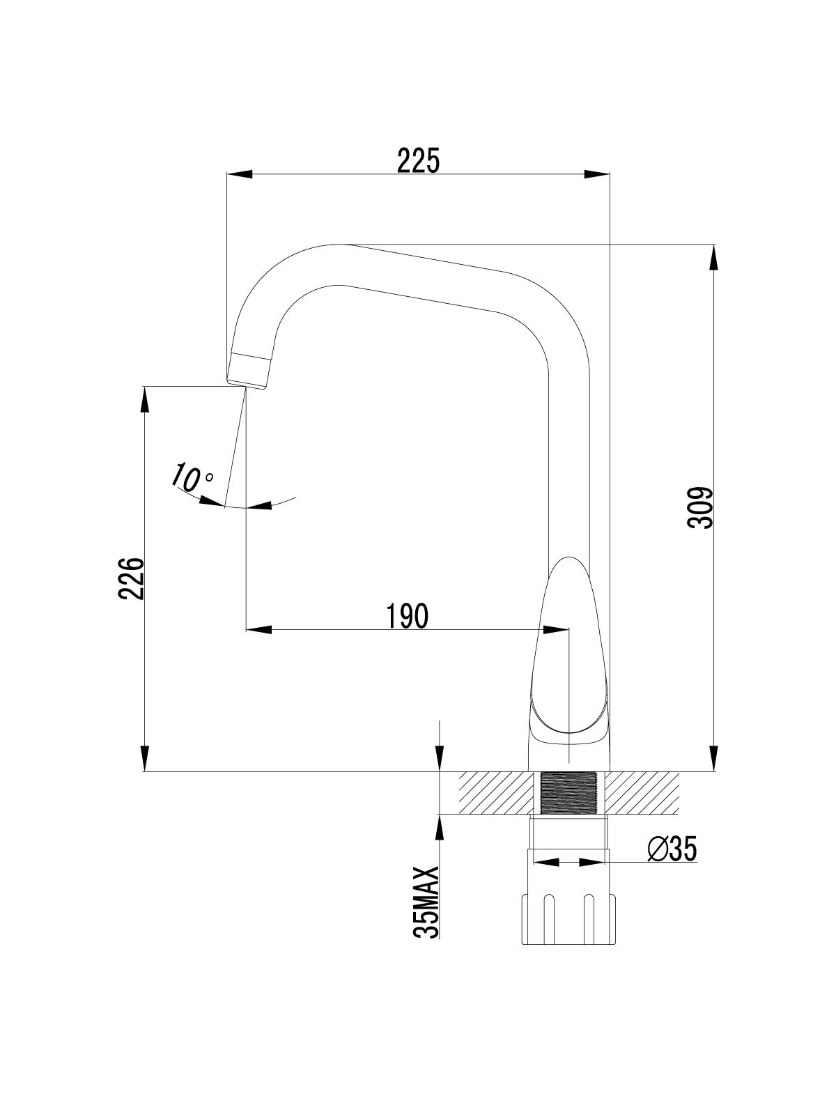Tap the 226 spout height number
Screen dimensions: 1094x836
click(x=131, y=578)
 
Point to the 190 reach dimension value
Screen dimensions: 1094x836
click(x=406, y=617)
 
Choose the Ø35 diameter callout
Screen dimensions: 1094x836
click(x=672, y=849)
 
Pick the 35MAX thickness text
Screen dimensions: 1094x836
click(x=426, y=903)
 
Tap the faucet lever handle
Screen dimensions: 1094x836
click(x=570, y=648)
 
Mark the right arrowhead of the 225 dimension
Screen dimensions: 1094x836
click(x=598, y=174)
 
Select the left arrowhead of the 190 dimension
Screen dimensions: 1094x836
click(x=258, y=630)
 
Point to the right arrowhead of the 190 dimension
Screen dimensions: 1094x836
click(x=556, y=630)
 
